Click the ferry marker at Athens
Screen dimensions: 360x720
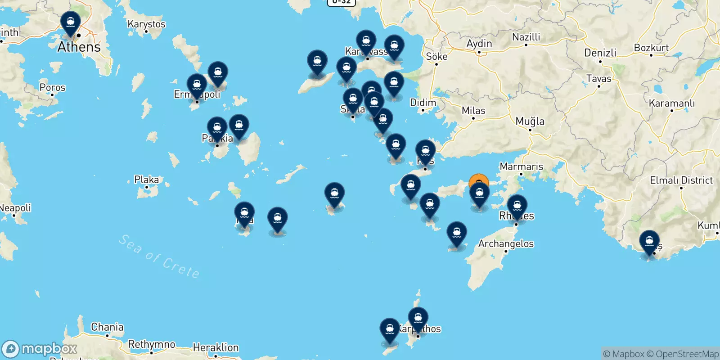tap(71, 23)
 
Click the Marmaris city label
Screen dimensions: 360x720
tap(521, 166)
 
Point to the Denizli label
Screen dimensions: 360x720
tap(600, 53)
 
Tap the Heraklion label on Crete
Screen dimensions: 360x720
tap(216, 347)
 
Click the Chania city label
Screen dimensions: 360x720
tap(107, 327)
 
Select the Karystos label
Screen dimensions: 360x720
tap(146, 24)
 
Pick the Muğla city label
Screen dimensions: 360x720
tap(530, 121)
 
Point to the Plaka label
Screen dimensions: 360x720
tap(146, 180)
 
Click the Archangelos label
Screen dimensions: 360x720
tap(506, 244)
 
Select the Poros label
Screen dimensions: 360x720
tap(52, 87)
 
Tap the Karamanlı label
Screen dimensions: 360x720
tap(671, 103)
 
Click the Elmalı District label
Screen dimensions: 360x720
tap(681, 180)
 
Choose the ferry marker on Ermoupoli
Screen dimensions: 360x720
tap(197, 85)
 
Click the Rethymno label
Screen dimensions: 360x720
tap(152, 344)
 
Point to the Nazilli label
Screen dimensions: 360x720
tap(526, 37)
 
